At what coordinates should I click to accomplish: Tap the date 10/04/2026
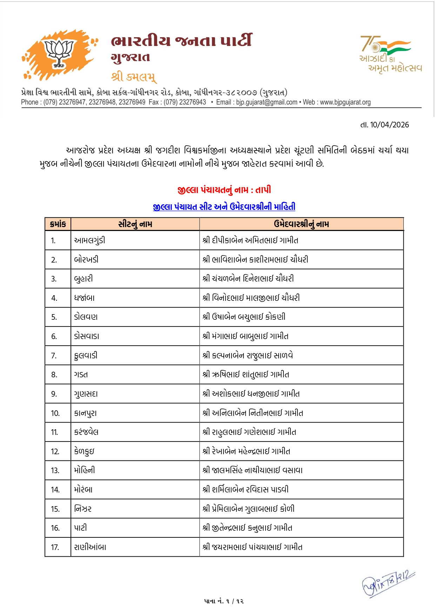tap(384, 125)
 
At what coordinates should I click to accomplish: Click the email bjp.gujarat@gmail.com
tap(266, 102)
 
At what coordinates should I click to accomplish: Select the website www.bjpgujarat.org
tap(345, 102)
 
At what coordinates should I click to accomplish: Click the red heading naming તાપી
tap(224, 190)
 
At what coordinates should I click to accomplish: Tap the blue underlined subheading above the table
tap(224, 207)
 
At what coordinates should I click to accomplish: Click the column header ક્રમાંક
tap(58, 224)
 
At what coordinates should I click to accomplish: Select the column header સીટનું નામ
tap(135, 224)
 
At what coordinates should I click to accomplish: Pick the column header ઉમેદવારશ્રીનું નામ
tap(301, 224)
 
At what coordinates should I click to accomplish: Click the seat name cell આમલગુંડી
tap(89, 240)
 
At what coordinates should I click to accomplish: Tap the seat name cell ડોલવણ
tap(86, 317)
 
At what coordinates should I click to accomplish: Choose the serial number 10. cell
tap(55, 413)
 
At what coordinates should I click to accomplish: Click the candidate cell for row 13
tap(252, 470)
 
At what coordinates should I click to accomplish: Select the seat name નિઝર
tap(83, 509)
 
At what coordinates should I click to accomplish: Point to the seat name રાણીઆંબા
tap(90, 547)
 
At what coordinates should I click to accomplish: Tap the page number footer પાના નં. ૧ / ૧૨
tap(224, 601)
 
